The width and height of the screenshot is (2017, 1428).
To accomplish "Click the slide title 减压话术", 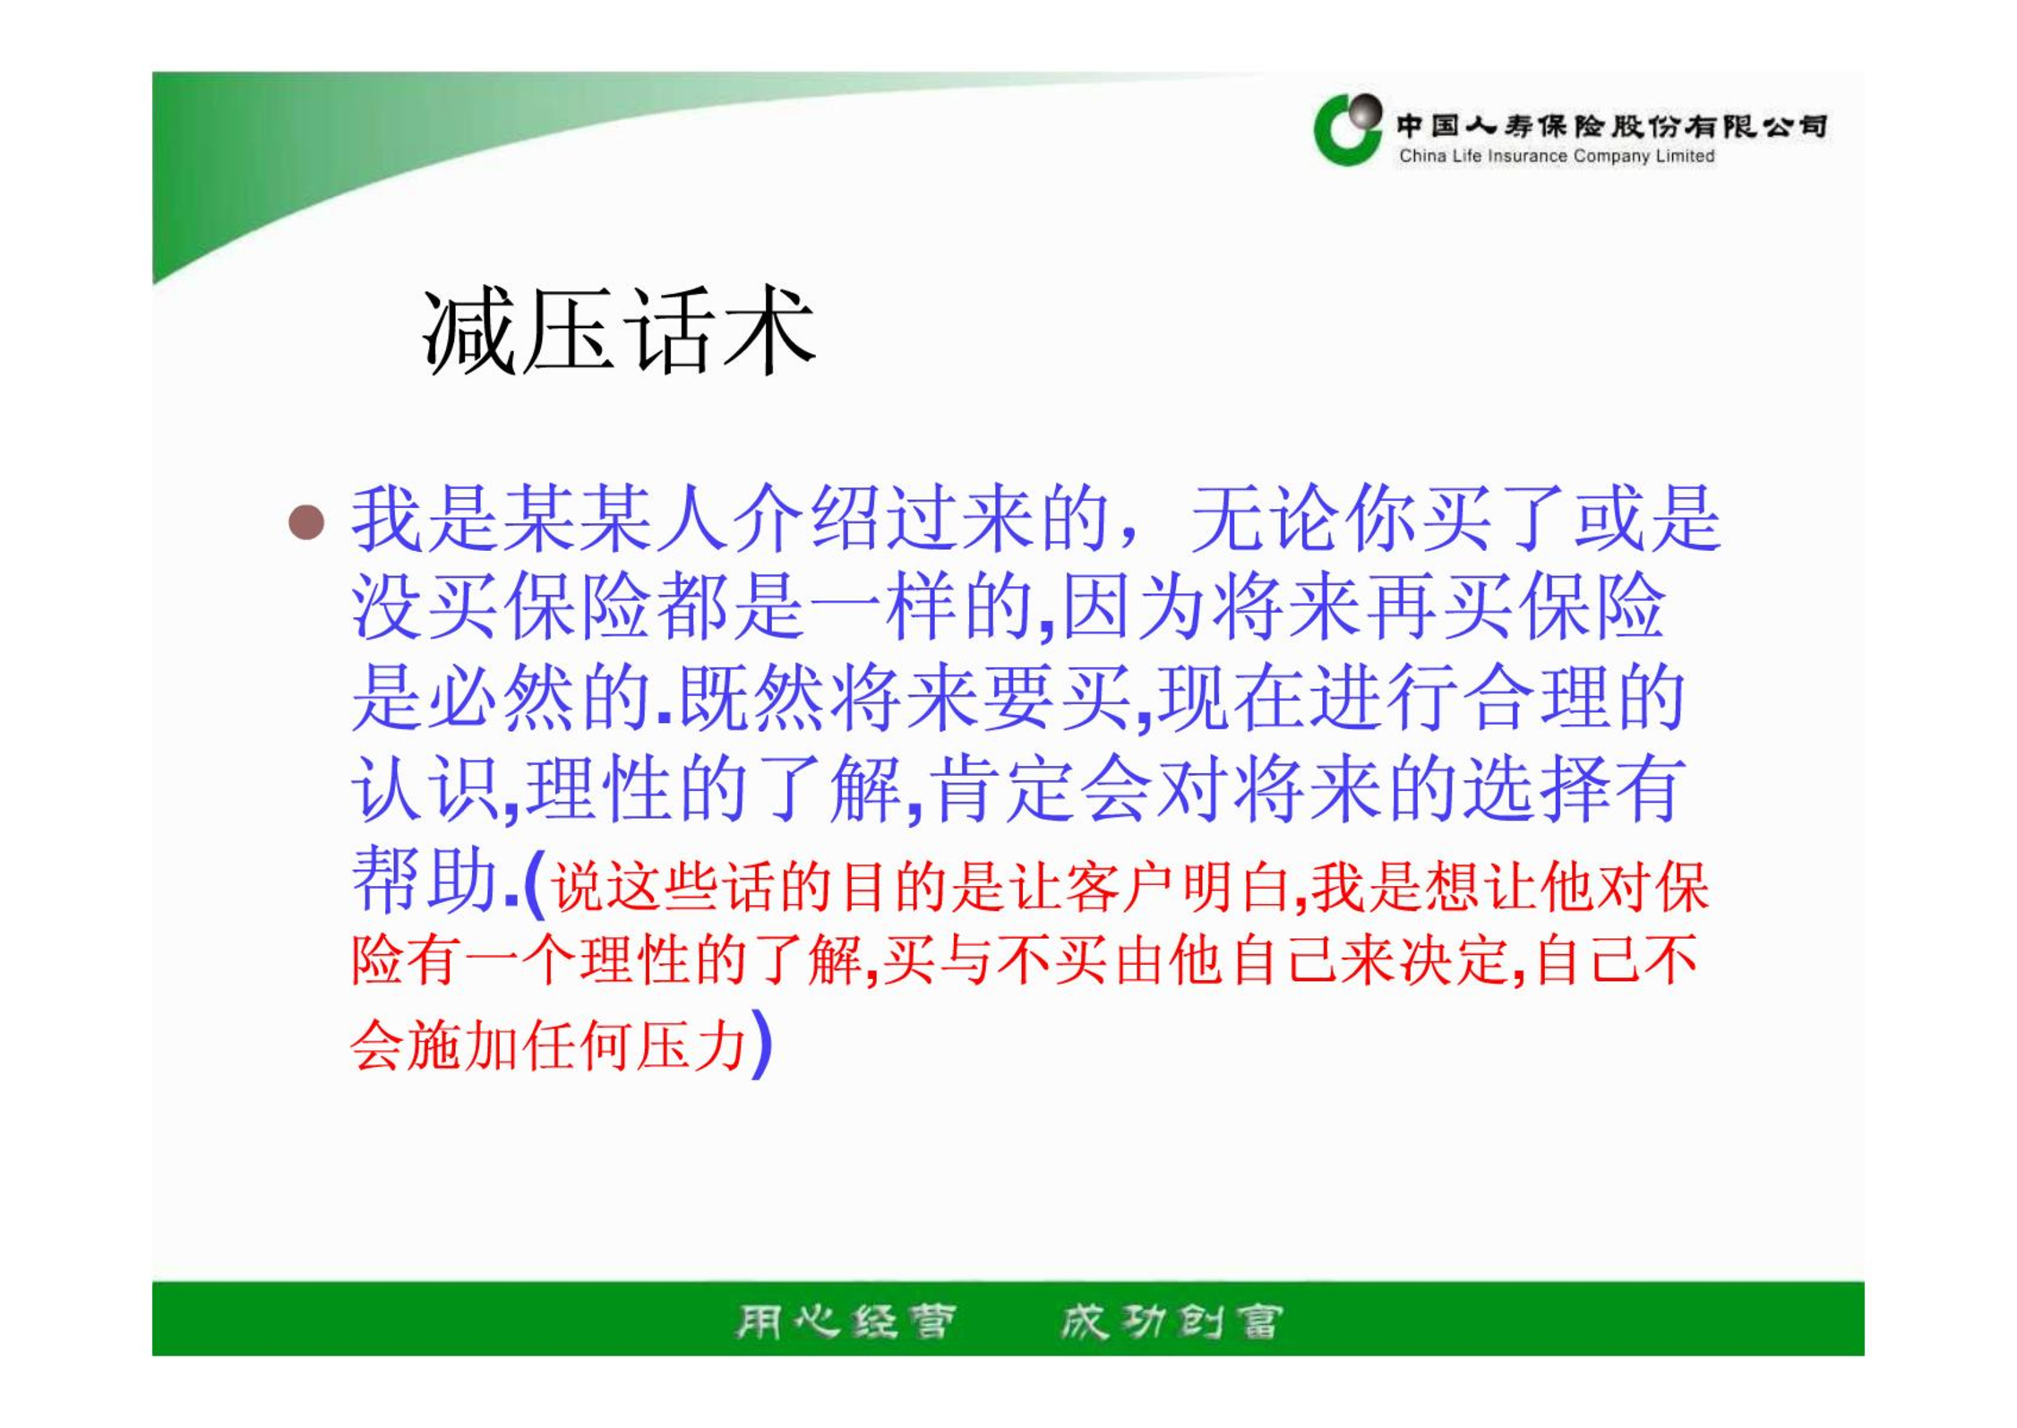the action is (619, 331).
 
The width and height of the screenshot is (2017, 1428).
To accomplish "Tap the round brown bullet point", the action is (306, 522).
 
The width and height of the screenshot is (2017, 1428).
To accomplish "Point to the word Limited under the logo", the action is (1685, 156).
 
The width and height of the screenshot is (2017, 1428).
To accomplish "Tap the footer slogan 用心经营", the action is (845, 1321).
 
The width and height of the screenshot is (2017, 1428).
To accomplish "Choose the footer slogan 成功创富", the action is (1172, 1321).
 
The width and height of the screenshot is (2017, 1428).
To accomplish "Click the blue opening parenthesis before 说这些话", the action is (535, 885).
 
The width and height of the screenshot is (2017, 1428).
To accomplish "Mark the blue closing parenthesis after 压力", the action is (760, 1044).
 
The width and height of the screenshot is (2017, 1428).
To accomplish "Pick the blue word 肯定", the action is (1002, 789).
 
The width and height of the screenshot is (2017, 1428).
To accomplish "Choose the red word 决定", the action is (1455, 959).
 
